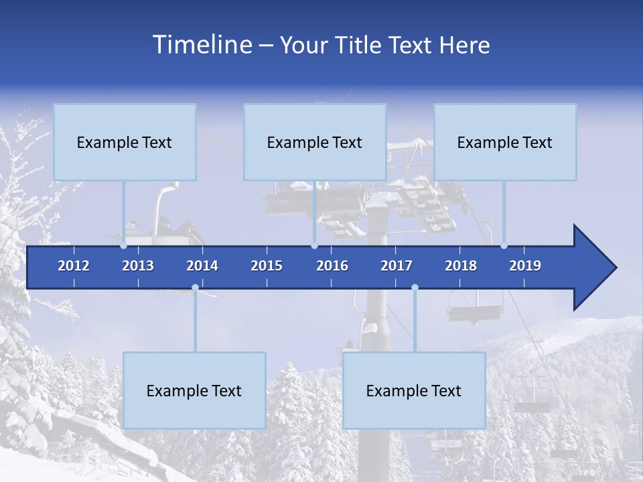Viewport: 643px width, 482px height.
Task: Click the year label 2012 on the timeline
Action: coord(74,266)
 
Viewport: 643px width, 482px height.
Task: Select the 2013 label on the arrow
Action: coord(138,266)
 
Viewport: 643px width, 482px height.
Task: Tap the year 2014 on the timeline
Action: coord(202,266)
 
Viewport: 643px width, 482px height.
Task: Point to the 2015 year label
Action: coord(267,266)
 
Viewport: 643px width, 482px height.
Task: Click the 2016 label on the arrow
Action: coord(332,266)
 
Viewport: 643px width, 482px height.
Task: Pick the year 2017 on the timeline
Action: coord(397,266)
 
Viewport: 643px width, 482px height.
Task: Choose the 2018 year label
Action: coord(461,266)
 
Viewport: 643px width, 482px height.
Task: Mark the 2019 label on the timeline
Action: coord(525,266)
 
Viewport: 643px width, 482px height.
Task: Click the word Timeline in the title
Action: coord(202,45)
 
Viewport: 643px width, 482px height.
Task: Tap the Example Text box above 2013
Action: coord(125,142)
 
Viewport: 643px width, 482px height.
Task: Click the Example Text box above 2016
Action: coord(315,142)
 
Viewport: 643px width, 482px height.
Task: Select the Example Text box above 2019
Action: coord(505,142)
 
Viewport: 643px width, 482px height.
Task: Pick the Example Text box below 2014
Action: coord(194,390)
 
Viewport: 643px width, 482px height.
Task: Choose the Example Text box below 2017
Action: coord(414,390)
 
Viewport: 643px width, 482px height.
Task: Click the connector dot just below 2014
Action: coord(195,288)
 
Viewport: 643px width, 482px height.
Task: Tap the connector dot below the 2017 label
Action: coord(415,288)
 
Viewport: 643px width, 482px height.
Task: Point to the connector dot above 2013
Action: coord(123,246)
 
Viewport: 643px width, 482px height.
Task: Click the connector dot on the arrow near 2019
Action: coord(504,246)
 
